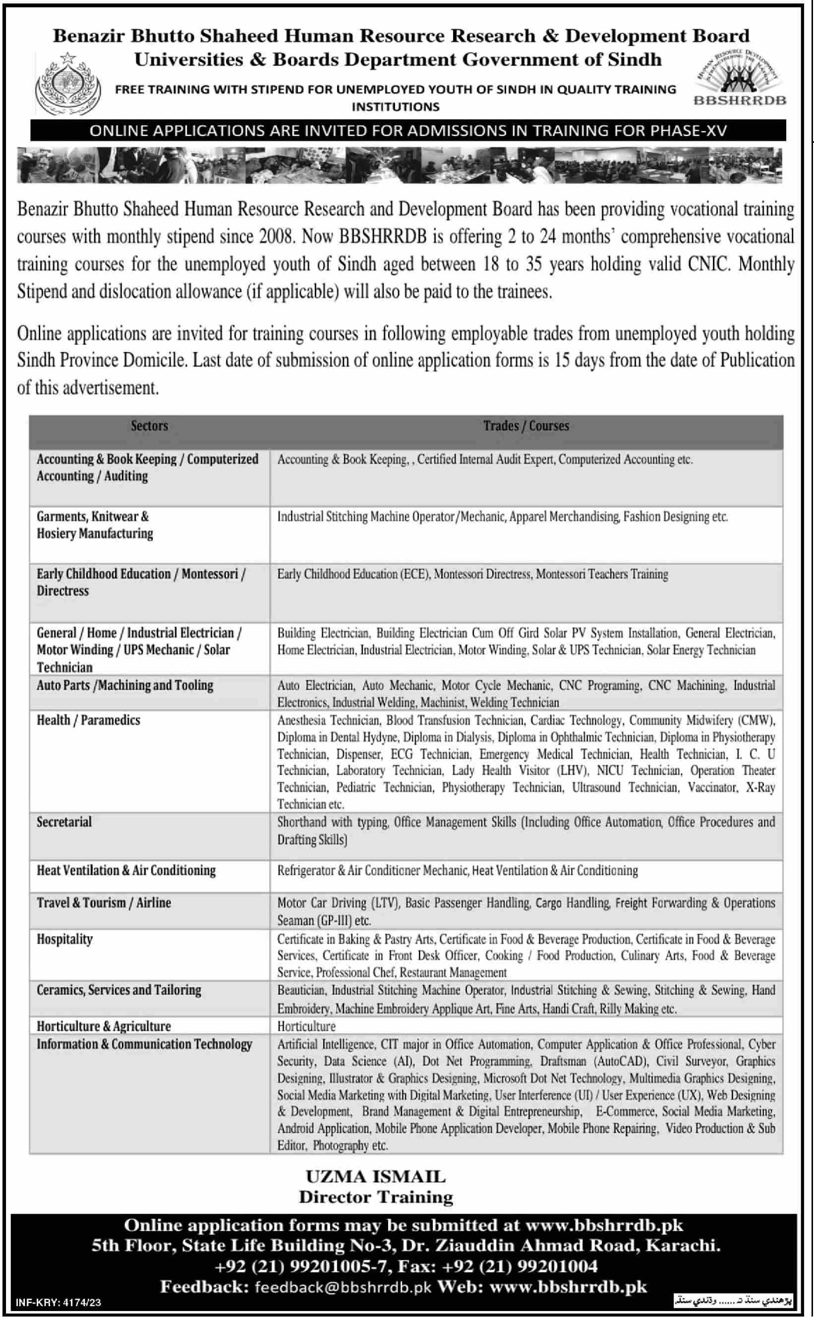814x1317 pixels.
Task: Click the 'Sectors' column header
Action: [149, 426]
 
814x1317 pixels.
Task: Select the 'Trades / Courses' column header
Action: [525, 426]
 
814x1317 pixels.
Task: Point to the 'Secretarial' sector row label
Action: [64, 822]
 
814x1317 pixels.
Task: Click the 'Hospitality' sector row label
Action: [64, 939]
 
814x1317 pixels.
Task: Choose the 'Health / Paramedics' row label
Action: [88, 720]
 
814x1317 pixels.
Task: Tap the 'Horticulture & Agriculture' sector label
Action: [104, 1026]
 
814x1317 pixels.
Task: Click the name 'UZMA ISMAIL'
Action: [375, 1177]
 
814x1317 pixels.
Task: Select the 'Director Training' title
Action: [376, 1197]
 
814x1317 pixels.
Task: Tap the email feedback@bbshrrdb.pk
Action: [343, 1287]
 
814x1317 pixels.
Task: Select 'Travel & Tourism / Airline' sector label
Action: [104, 902]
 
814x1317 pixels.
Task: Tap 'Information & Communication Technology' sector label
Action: [144, 1044]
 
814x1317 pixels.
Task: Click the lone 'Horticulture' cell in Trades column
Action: [306, 1026]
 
